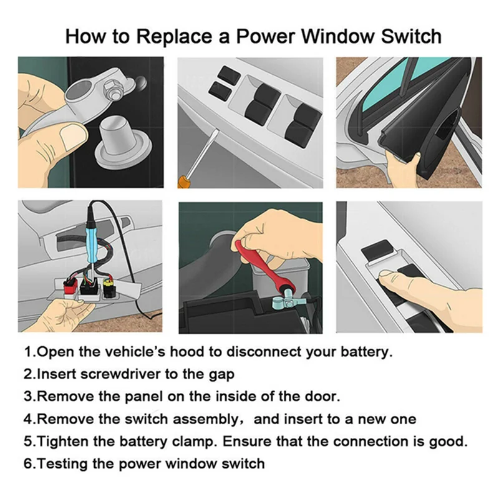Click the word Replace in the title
click(174, 37)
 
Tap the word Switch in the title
click(411, 36)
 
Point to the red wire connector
click(70, 286)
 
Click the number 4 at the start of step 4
click(27, 419)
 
